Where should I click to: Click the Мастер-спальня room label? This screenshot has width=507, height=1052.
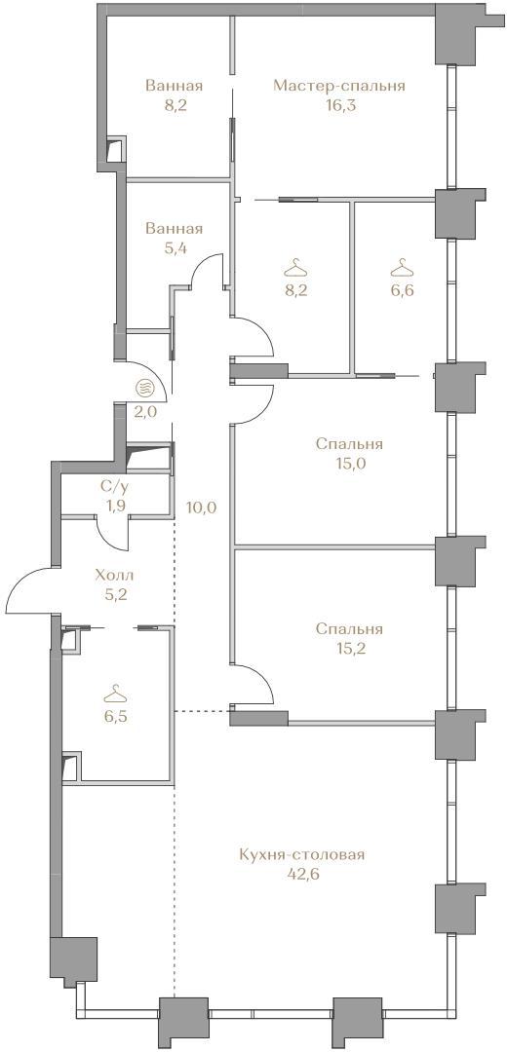click(339, 86)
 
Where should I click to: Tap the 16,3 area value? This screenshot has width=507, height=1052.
click(339, 105)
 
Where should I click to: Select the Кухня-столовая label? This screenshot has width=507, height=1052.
click(301, 855)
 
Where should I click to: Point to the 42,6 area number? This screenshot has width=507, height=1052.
click(301, 874)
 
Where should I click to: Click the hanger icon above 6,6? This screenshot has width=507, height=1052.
click(403, 268)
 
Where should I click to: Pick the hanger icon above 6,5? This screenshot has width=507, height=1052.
click(116, 692)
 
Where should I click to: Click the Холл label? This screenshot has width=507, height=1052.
click(115, 575)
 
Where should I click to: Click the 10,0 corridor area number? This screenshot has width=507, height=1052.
click(202, 507)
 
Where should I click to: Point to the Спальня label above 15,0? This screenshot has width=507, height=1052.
click(349, 444)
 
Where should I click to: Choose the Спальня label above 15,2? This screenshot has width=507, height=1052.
click(349, 629)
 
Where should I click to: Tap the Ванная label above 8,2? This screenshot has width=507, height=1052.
click(174, 86)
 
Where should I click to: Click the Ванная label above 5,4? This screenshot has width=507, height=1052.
click(174, 229)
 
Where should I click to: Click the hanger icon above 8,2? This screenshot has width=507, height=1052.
click(296, 270)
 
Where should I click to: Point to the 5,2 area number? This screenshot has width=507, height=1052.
click(115, 594)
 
